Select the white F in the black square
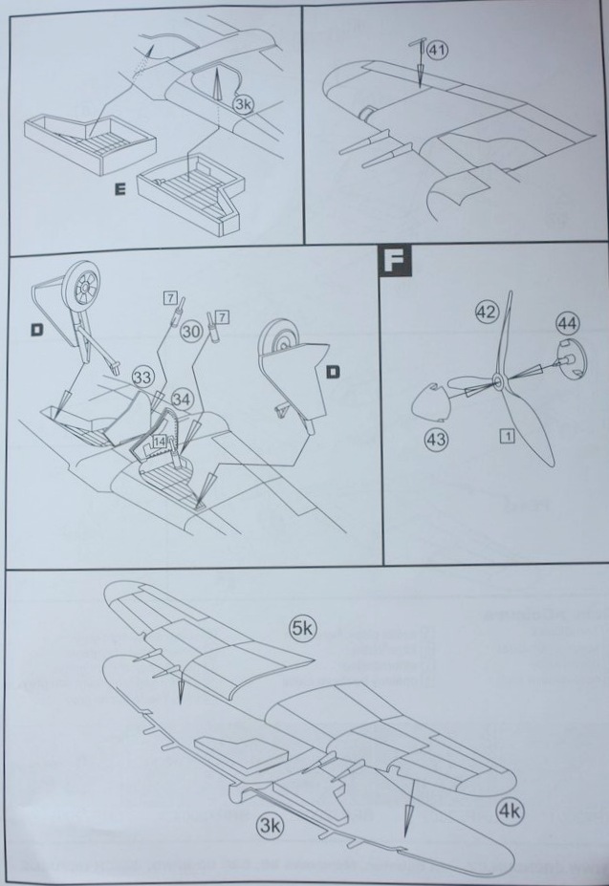pos(392,262)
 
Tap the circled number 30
pos(189,331)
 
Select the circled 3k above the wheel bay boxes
pos(244,103)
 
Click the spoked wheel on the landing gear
pos(82,289)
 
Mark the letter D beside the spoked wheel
pos(36,330)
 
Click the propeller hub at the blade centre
pos(499,383)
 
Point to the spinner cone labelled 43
pos(429,406)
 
